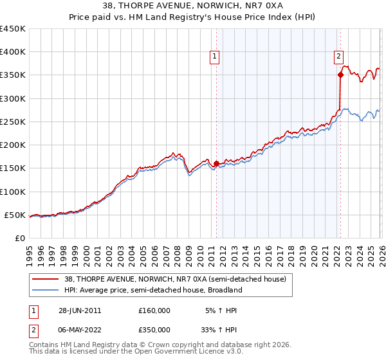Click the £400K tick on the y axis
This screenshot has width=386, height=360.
[x=13, y=52]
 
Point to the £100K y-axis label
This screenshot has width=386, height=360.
[x=13, y=192]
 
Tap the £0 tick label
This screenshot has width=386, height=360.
[x=19, y=238]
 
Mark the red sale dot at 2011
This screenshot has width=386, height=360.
[x=216, y=163]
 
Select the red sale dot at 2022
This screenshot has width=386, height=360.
[x=340, y=75]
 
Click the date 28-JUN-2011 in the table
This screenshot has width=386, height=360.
[x=80, y=310]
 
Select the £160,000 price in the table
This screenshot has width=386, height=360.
[x=154, y=310]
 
